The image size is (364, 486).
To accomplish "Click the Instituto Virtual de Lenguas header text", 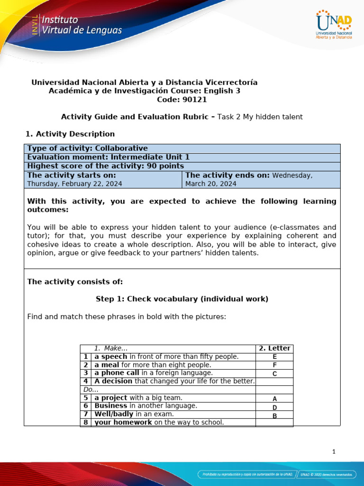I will point(82,26).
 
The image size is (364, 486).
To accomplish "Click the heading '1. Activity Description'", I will point(69,134).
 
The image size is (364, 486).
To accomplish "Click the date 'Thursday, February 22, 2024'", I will point(74,184).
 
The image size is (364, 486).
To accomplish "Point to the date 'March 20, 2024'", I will point(210,184).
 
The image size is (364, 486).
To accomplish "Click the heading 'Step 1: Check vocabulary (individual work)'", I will point(182,299).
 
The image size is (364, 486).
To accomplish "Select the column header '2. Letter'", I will point(274,348).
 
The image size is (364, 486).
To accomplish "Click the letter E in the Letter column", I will point(274,357).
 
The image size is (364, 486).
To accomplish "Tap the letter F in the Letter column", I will point(274,365).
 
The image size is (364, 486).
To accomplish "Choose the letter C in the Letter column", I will point(274,374).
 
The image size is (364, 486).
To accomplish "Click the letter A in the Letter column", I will point(274,399).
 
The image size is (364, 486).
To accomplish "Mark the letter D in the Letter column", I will point(274,408).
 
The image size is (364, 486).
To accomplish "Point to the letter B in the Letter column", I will point(274,416).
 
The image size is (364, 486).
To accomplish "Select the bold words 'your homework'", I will point(123,422).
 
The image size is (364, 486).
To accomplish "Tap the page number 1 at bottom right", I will point(334,452).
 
